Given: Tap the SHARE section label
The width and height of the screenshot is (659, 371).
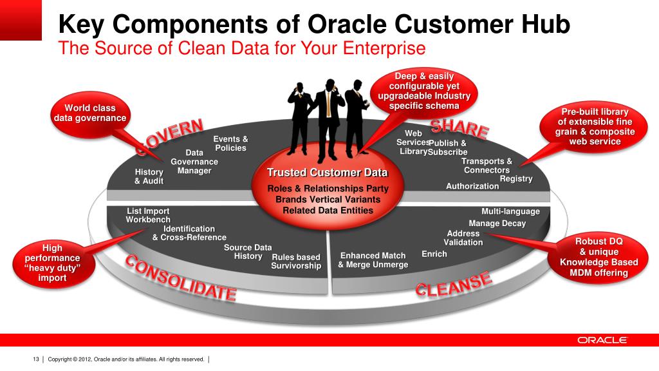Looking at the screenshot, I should pyautogui.click(x=459, y=128).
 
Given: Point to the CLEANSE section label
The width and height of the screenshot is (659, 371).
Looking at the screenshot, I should pyautogui.click(x=453, y=284).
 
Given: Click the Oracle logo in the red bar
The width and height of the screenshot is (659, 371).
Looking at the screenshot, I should pyautogui.click(x=602, y=340).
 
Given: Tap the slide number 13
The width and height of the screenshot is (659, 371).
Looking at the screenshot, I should pyautogui.click(x=36, y=359).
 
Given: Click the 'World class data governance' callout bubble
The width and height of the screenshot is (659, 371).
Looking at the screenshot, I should pyautogui.click(x=89, y=113).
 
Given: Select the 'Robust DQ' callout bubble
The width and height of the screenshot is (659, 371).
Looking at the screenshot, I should pyautogui.click(x=599, y=257).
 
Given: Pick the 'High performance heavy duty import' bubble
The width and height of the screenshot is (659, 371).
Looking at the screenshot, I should pyautogui.click(x=52, y=263).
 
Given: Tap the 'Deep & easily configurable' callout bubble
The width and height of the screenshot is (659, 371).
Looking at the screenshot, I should pyautogui.click(x=424, y=91).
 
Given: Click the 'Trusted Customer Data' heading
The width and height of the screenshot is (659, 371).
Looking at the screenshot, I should pyautogui.click(x=328, y=173).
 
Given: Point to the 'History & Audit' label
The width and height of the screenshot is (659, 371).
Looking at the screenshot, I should pyautogui.click(x=149, y=176).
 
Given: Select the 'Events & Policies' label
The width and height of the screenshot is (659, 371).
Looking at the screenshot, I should pyautogui.click(x=230, y=144).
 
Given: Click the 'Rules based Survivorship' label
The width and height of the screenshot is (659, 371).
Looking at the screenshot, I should pyautogui.click(x=296, y=262).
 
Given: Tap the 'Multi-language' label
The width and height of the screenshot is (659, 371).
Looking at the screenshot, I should pyautogui.click(x=510, y=211).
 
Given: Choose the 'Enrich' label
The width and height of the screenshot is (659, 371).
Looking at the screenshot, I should pyautogui.click(x=434, y=254).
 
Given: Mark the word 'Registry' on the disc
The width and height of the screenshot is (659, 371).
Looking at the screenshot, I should pyautogui.click(x=516, y=178).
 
